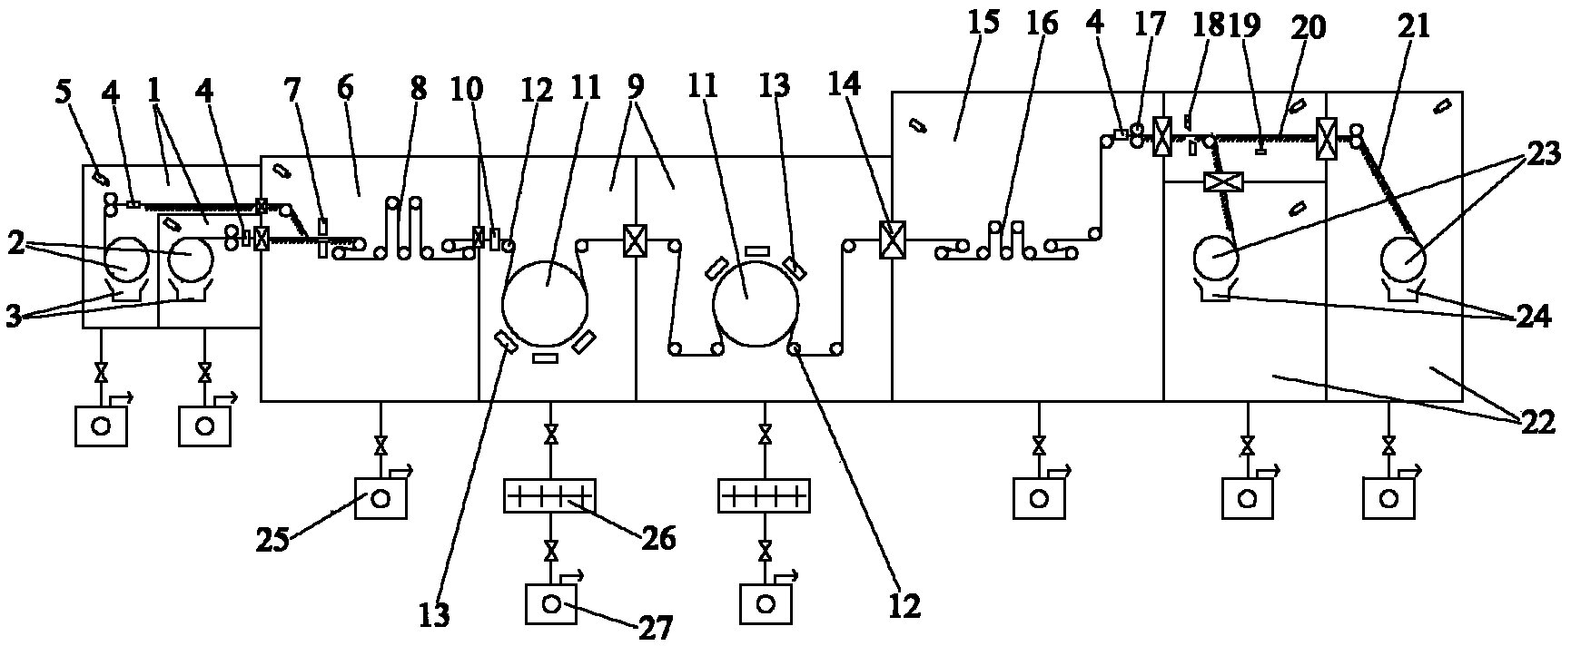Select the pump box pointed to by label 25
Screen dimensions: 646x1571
380,498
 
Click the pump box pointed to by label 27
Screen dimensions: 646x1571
551,603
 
